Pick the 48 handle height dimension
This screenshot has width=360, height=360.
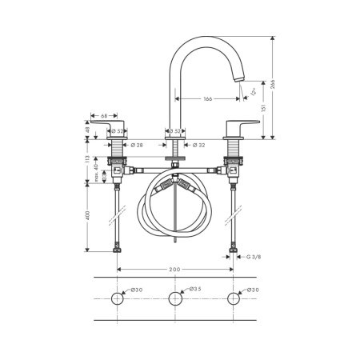point(87,128)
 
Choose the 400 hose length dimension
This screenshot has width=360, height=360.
point(87,217)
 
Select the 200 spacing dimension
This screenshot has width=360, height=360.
point(174,271)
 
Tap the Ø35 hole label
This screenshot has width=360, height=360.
point(197,290)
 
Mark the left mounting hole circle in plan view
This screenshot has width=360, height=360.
point(118,299)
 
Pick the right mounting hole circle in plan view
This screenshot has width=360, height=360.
point(234,299)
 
